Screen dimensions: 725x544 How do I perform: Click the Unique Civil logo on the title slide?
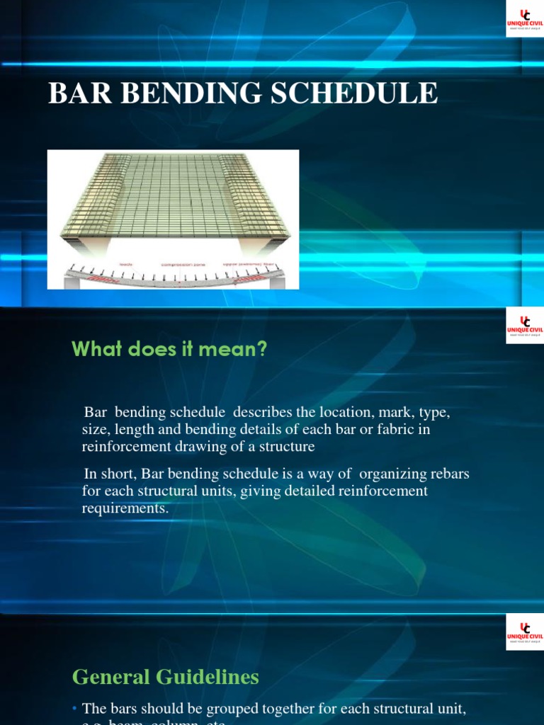(x=525, y=18)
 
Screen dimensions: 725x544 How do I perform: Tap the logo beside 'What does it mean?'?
(x=525, y=326)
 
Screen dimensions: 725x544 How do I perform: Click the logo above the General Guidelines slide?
(x=525, y=632)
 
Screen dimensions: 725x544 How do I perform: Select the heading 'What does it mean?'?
(x=169, y=349)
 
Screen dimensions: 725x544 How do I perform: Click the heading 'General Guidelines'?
(x=166, y=677)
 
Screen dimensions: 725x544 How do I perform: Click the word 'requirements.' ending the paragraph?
(x=126, y=508)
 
